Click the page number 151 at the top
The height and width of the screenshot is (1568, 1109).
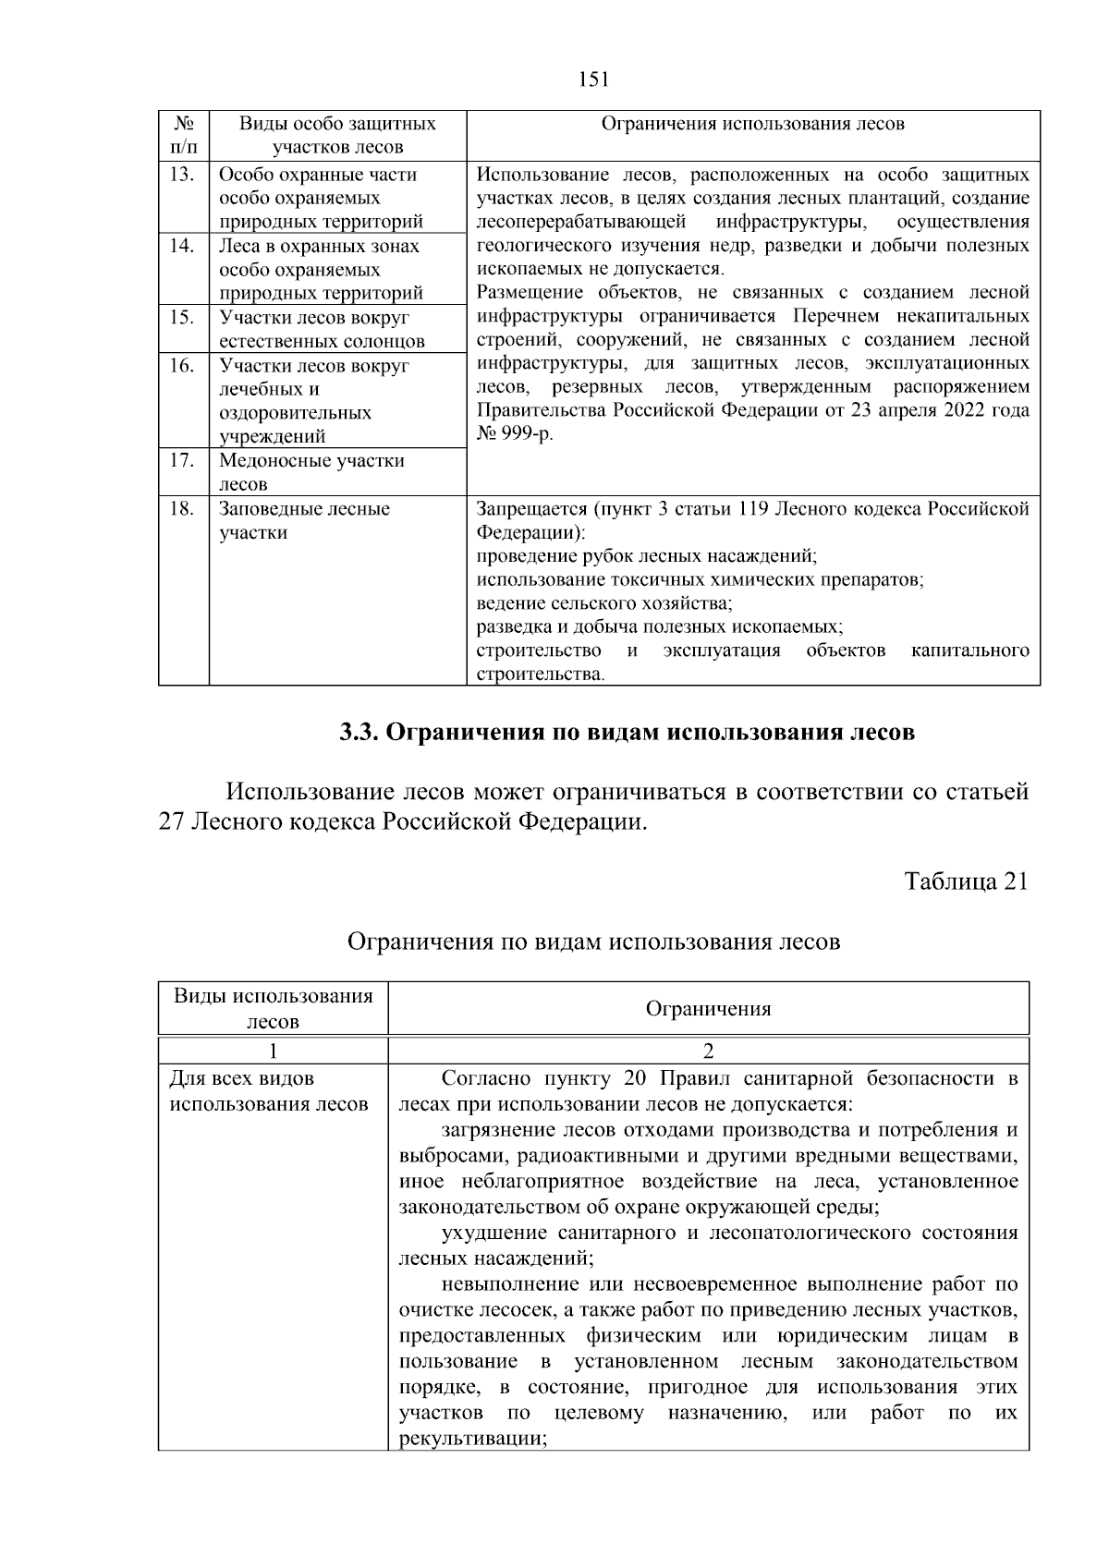(593, 79)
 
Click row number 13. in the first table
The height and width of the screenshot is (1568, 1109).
(182, 175)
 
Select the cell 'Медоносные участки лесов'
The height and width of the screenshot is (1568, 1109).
(311, 471)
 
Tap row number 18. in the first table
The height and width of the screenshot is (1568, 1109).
(182, 509)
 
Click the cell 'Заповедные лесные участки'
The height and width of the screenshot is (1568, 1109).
(304, 521)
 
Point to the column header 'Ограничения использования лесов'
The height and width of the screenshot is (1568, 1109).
(752, 124)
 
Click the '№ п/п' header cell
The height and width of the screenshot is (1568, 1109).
(184, 135)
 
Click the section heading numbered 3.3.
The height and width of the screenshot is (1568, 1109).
(627, 733)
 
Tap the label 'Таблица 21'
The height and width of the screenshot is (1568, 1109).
(966, 881)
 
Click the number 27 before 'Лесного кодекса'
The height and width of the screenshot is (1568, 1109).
(172, 821)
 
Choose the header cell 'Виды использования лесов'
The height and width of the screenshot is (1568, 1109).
(274, 1008)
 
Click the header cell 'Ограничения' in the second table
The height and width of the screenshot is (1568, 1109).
(708, 1008)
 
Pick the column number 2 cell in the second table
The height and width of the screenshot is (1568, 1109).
(708, 1051)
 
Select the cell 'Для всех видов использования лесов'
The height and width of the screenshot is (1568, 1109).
(269, 1091)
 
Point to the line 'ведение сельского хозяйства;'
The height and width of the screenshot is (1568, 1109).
(604, 604)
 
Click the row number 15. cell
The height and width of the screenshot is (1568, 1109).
(182, 317)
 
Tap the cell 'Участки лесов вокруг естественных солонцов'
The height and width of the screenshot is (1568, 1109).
(322, 329)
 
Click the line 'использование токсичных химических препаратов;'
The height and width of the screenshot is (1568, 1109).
(700, 580)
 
